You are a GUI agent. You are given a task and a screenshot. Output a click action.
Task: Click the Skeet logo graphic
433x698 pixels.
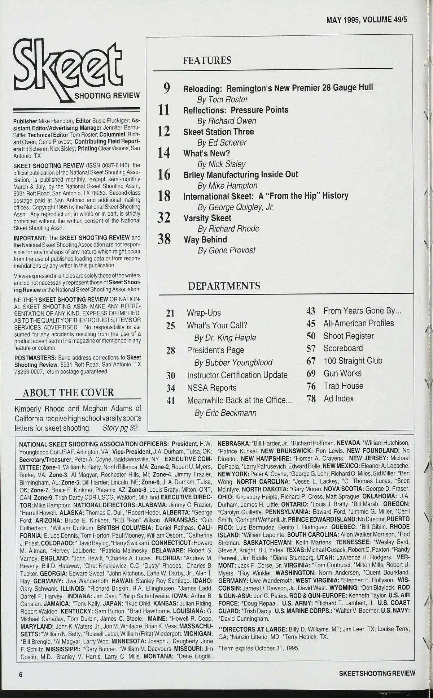[x=76, y=71]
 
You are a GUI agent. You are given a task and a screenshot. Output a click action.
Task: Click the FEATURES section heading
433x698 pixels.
[x=207, y=60]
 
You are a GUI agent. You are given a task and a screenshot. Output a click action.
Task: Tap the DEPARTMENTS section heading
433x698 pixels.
[x=224, y=286]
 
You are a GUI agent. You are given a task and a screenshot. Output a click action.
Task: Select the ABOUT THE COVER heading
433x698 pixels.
[x=68, y=393]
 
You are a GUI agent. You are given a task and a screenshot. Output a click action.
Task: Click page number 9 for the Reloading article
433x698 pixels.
[x=166, y=88]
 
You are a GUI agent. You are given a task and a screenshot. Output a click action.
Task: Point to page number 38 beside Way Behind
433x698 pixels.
[x=164, y=239]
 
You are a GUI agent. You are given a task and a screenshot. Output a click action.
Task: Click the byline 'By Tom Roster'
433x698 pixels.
[x=222, y=99]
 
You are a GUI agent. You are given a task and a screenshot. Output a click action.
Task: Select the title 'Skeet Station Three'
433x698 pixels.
[x=218, y=132]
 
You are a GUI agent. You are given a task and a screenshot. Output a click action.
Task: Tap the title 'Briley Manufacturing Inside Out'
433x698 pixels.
[x=241, y=175]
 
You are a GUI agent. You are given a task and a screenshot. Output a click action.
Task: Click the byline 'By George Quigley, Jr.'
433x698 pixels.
[x=236, y=207]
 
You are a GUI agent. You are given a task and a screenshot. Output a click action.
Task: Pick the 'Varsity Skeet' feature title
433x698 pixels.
[x=207, y=218]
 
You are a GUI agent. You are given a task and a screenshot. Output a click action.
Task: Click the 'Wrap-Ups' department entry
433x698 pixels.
[x=204, y=313]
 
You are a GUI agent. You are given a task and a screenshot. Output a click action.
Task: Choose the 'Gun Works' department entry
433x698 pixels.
[x=342, y=374]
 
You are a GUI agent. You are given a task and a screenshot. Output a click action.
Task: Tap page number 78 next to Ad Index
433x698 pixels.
[x=311, y=399]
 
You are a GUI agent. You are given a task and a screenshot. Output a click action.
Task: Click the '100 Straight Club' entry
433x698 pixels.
[x=353, y=361]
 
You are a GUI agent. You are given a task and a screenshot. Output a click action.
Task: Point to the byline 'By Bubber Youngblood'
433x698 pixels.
[x=233, y=363]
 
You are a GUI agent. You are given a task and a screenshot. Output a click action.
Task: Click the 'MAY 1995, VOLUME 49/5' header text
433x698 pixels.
[x=367, y=20]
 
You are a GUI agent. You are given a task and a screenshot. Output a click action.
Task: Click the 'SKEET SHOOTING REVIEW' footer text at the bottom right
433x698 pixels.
[x=377, y=673]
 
